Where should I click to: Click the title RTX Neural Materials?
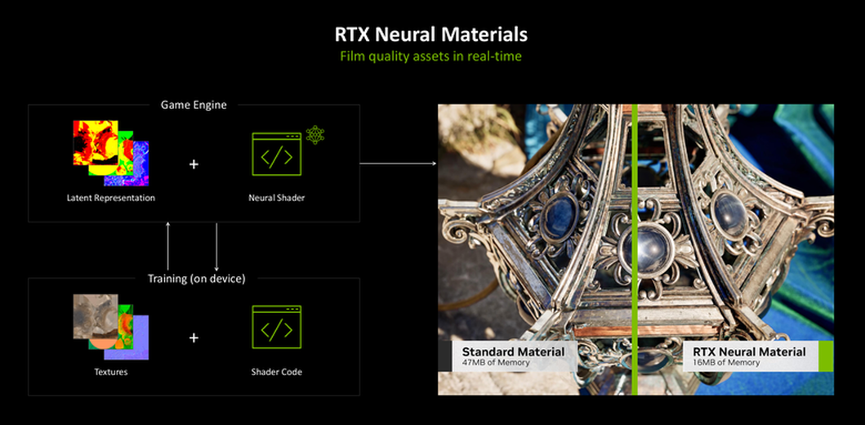tap(430, 35)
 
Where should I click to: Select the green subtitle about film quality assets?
tap(430, 56)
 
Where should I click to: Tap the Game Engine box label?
tap(194, 105)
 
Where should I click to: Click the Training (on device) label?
tap(196, 279)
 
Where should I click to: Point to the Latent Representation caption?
tap(111, 198)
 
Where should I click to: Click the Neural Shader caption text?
tap(276, 198)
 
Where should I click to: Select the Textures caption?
tap(111, 372)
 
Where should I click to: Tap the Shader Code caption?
tap(276, 372)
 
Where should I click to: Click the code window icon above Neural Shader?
tap(276, 154)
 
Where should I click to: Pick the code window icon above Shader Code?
tap(276, 327)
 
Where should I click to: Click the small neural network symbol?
tap(315, 135)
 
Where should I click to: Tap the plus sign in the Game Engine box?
tap(194, 164)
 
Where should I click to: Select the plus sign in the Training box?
tap(194, 338)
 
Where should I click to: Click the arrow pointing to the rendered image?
tap(398, 163)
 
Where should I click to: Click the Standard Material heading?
tap(513, 352)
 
